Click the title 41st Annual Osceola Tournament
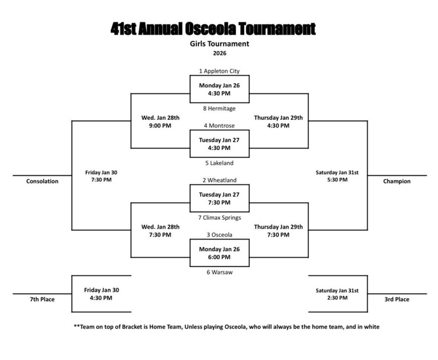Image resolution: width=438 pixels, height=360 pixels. pos(213,28)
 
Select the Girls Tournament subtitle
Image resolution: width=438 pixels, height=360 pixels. pos(220,44)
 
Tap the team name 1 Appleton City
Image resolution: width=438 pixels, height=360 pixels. pos(219,71)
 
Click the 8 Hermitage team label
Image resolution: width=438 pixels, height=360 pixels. pos(219,108)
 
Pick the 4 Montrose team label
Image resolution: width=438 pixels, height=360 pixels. pos(219,126)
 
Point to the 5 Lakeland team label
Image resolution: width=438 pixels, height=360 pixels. pos(219,163)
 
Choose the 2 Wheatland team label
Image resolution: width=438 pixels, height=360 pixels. pos(219,181)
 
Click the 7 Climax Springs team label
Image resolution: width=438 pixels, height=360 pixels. pos(219,218)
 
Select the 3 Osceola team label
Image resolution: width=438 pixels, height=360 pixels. pos(219,235)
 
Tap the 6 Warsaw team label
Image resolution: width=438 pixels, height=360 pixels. pos(219,272)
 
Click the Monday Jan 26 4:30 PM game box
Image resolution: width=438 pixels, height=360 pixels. pos(220,89)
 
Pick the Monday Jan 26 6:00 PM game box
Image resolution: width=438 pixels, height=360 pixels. pos(220,253)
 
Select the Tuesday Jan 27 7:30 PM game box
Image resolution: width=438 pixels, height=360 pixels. pos(220,199)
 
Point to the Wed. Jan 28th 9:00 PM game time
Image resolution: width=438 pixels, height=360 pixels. pos(161,122)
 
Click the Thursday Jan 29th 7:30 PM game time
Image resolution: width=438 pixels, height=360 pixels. pos(279,231)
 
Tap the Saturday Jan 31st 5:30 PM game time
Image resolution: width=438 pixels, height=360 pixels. pos(337,176)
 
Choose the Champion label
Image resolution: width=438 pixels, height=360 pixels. pos(397,181)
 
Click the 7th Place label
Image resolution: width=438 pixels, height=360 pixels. pos(42,300)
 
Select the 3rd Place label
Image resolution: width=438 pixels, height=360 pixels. pos(397,300)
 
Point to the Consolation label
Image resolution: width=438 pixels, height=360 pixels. pos(42,181)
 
